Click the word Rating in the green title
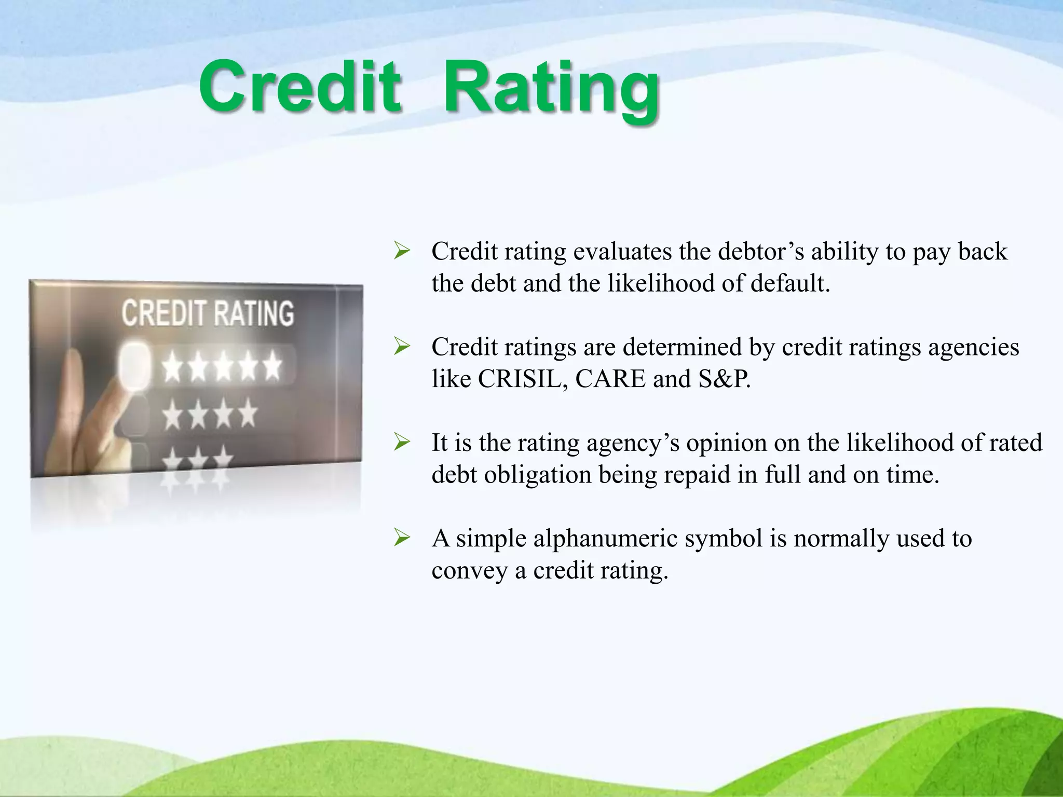(551, 89)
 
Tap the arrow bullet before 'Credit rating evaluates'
(402, 251)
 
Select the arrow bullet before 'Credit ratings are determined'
(402, 347)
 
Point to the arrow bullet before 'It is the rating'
(402, 443)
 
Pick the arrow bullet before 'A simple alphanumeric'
(402, 538)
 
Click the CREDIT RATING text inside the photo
(208, 313)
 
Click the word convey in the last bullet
(469, 571)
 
